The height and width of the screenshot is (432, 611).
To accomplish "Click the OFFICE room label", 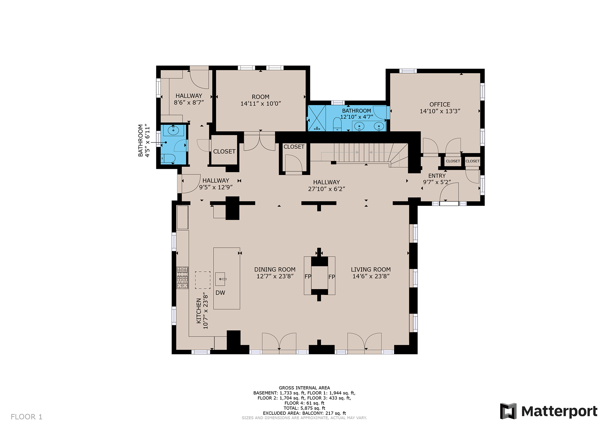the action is click(x=440, y=104).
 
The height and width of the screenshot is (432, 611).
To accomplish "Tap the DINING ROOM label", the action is click(x=275, y=269).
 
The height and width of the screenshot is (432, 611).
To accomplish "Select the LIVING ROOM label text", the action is click(x=371, y=269).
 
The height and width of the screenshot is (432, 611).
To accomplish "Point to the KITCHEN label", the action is click(x=199, y=311).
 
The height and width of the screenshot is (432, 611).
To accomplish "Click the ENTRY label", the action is click(x=437, y=176).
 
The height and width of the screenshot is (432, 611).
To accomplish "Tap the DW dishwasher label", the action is click(x=220, y=293).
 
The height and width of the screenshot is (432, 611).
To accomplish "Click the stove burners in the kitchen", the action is click(x=183, y=278).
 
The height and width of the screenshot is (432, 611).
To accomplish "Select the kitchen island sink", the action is click(x=221, y=279).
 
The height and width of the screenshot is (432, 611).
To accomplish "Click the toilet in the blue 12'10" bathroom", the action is click(x=337, y=124).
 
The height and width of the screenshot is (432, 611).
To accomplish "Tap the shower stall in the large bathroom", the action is click(x=317, y=118).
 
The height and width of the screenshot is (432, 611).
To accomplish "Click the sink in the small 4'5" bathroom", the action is click(x=173, y=130).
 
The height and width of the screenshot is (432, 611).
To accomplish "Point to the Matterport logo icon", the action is click(x=508, y=411).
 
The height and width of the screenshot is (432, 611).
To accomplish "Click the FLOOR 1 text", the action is click(x=26, y=417).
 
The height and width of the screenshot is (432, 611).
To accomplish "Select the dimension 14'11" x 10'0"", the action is click(x=261, y=103).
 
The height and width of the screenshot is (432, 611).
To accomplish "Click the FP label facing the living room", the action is click(x=332, y=277).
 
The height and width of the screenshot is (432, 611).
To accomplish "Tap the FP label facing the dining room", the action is click(x=308, y=276).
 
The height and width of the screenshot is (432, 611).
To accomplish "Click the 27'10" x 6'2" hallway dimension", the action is click(x=327, y=189).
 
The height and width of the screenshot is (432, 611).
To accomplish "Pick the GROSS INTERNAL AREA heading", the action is click(x=304, y=388).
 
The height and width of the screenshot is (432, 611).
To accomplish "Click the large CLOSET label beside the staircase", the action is click(x=294, y=147).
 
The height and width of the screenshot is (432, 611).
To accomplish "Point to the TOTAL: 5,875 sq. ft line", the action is click(x=304, y=408).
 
